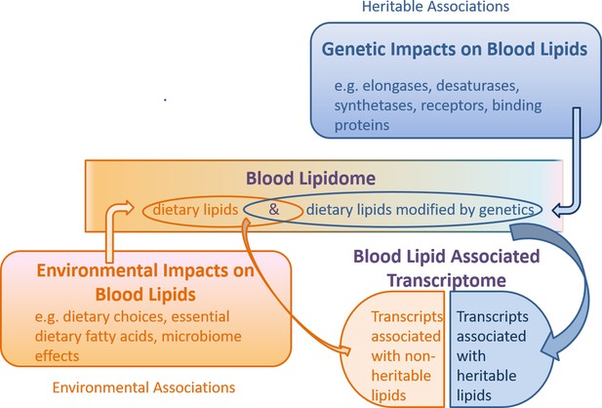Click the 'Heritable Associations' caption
(435, 6)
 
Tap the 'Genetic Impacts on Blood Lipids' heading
(455, 49)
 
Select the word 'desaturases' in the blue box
(478, 85)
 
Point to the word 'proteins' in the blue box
(362, 125)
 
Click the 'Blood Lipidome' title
(310, 179)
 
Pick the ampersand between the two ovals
(274, 210)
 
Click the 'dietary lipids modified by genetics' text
(420, 210)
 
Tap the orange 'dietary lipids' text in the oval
(195, 210)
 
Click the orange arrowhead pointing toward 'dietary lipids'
(128, 208)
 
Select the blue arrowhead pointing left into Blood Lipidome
(558, 210)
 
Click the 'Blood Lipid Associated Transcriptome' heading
(447, 268)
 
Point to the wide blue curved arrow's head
(549, 347)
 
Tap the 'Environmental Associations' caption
(143, 388)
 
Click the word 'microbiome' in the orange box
(201, 336)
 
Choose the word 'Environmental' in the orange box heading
(98, 270)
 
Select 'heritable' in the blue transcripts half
(487, 376)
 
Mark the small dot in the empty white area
(165, 100)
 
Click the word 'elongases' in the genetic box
(395, 86)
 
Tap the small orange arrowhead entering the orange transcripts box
(345, 350)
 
